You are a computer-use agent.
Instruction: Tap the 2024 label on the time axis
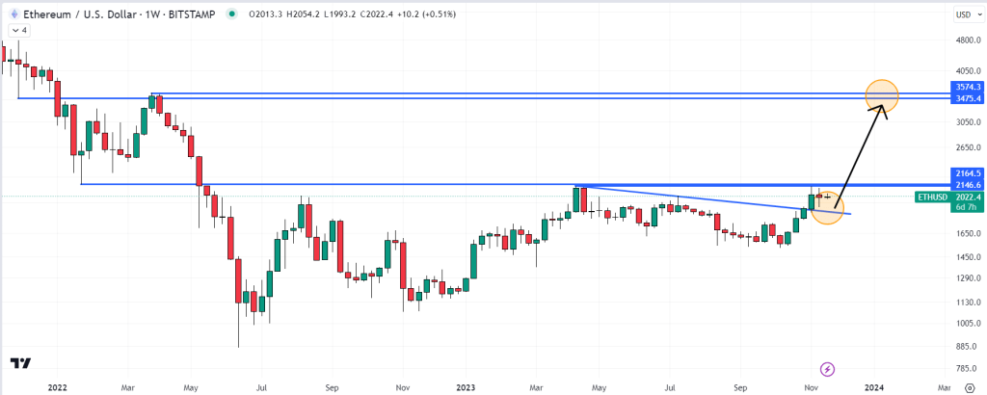873,385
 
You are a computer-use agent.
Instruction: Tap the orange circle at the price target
882,94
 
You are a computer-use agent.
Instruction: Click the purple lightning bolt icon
827,368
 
